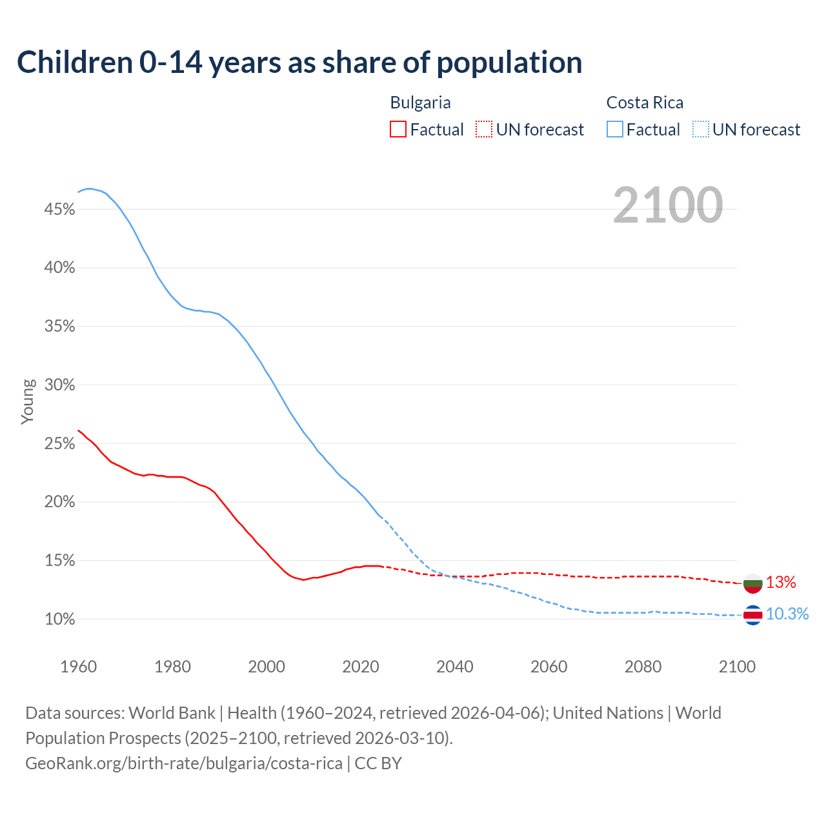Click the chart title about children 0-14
click(x=299, y=63)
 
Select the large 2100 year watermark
click(x=668, y=205)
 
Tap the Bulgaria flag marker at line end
click(x=752, y=583)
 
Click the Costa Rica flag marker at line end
click(x=752, y=615)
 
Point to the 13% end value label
click(x=781, y=583)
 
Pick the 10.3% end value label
click(x=787, y=614)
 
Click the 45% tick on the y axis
click(x=59, y=210)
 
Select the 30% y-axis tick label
click(x=59, y=385)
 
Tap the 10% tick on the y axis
click(x=59, y=619)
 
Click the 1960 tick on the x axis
click(x=79, y=667)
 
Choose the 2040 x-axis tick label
click(x=455, y=667)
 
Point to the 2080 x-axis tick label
click(x=643, y=667)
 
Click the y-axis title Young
click(x=28, y=401)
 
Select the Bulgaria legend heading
click(x=420, y=103)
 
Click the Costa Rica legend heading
click(x=645, y=103)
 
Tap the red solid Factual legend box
click(x=398, y=130)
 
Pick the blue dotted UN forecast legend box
click(x=701, y=130)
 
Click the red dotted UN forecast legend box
click(x=484, y=130)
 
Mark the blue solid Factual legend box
click(x=615, y=130)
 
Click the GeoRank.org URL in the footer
click(x=184, y=763)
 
